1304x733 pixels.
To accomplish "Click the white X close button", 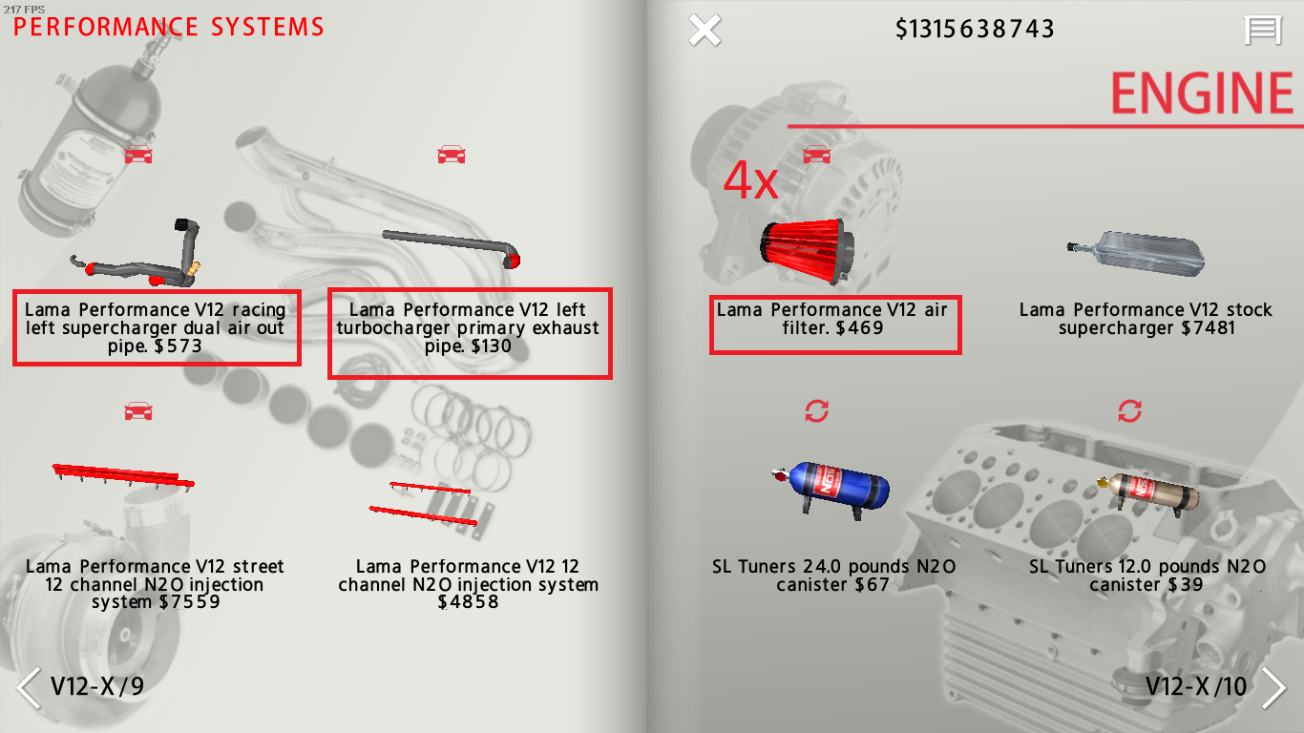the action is click(705, 30).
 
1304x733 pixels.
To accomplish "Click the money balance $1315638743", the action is click(975, 30).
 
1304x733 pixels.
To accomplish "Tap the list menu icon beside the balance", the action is click(1262, 30).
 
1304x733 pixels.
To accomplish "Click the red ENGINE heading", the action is click(1203, 94).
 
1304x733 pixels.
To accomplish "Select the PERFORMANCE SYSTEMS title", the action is click(169, 27).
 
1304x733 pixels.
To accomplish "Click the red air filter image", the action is click(805, 251).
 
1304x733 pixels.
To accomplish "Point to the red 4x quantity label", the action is click(750, 181).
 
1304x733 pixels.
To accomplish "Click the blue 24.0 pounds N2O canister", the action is click(831, 488).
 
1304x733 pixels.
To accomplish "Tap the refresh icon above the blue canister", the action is click(816, 411).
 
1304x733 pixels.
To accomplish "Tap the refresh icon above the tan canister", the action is click(1129, 411).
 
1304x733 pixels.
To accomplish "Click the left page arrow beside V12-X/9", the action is click(29, 687).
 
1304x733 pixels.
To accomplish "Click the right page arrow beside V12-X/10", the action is click(1273, 687).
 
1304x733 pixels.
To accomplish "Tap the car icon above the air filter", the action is click(816, 154).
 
